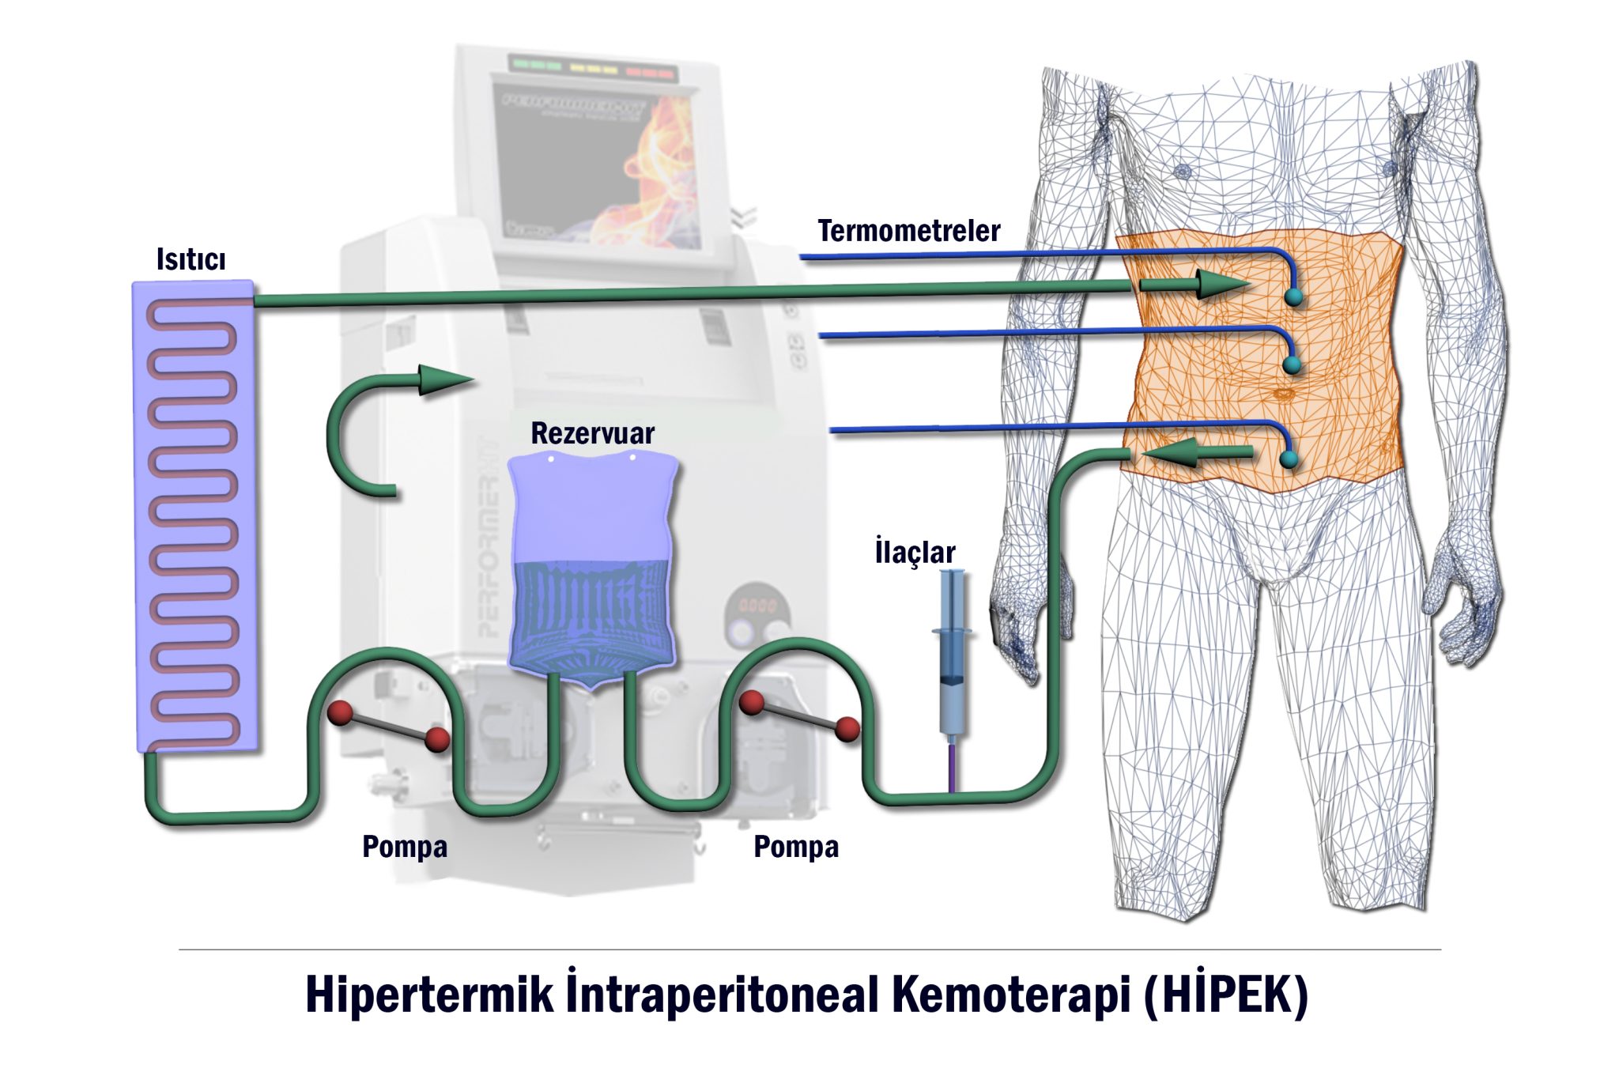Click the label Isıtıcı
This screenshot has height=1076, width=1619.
pos(191,259)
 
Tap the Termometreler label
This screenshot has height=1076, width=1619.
pos(908,231)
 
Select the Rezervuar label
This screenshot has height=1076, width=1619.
pos(592,433)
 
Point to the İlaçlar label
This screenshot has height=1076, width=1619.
pos(915,552)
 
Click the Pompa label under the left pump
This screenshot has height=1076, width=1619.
pos(405,847)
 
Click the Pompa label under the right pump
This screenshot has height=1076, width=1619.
pos(796,847)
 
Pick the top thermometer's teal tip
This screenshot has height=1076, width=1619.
pos(1293,297)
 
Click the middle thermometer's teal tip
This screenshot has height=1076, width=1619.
pos(1292,364)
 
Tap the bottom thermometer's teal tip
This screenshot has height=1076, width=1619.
pos(1289,459)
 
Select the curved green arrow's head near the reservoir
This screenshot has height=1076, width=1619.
pos(443,380)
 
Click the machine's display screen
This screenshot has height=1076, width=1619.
pos(597,162)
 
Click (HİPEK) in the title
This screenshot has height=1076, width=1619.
pos(1225,995)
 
